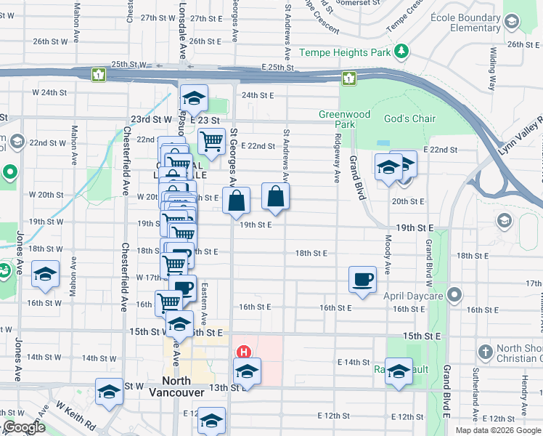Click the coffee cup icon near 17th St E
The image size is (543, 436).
pyautogui.click(x=362, y=279)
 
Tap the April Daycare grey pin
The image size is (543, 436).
pyautogui.click(x=455, y=295)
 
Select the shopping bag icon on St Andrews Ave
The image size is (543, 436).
pyautogui.click(x=275, y=196)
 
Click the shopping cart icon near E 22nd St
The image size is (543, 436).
pyautogui.click(x=211, y=141)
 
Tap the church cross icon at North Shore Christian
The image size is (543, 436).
pyautogui.click(x=485, y=352)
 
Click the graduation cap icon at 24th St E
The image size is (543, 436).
pyautogui.click(x=194, y=97)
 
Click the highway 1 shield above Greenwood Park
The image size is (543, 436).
pyautogui.click(x=349, y=78)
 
